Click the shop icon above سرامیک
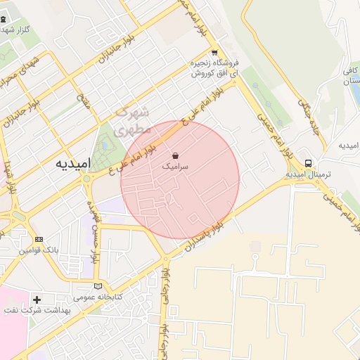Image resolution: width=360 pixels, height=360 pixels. coord(174,156)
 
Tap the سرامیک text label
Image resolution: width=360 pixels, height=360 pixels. coord(174,167)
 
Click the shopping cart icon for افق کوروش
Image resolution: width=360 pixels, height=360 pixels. coord(214,53)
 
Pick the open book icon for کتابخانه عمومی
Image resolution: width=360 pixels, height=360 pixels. coord(98,286)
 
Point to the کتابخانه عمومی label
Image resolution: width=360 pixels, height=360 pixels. coord(99,297)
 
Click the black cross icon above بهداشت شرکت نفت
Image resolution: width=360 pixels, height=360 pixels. coord(37,300)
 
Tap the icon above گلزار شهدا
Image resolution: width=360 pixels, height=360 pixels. coord(3,20)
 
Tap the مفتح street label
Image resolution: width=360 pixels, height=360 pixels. coord(84,102)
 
